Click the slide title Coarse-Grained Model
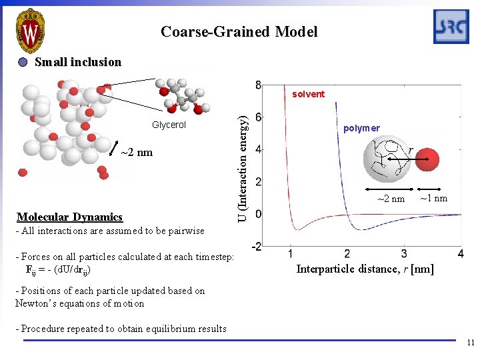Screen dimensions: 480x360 [x=239, y=31]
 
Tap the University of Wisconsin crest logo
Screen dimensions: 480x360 [x=30, y=31]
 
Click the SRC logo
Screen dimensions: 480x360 [x=451, y=27]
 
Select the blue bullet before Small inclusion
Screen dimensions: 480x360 [x=23, y=63]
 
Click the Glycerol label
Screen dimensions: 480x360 [x=169, y=125]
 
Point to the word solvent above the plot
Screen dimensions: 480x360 [x=309, y=94]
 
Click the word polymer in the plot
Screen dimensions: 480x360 [x=361, y=128]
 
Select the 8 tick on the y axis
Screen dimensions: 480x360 [x=258, y=85]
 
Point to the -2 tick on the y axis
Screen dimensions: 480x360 [x=256, y=246]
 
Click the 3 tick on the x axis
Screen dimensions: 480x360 [x=405, y=254]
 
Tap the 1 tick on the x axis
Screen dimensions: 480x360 [x=291, y=254]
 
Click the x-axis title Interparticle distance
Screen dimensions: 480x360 [x=365, y=269]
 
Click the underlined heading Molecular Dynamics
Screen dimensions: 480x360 [x=70, y=217]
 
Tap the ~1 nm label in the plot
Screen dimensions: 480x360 [x=433, y=199]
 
